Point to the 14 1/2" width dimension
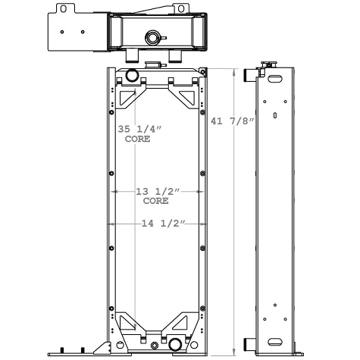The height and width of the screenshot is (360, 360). (159, 224)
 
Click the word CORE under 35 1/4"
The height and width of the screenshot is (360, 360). (137, 140)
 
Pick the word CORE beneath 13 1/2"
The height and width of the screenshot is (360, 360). (155, 202)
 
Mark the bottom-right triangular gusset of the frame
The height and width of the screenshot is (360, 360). (186, 321)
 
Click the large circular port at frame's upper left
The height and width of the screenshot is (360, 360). (131, 75)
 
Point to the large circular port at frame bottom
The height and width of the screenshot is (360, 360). (176, 346)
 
